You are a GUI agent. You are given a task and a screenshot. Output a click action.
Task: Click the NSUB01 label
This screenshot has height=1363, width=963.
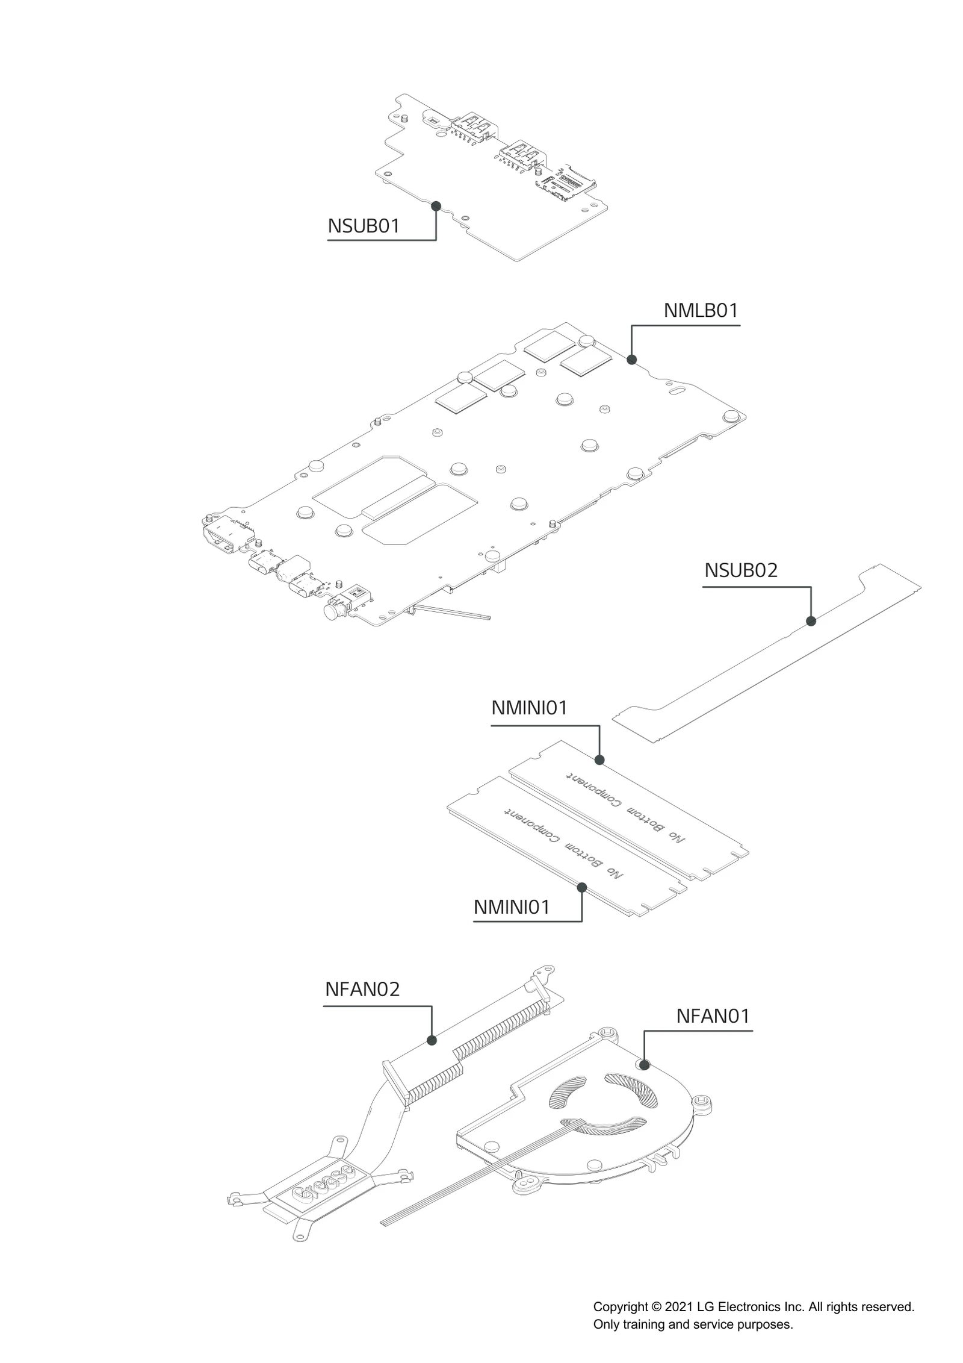pyautogui.click(x=364, y=226)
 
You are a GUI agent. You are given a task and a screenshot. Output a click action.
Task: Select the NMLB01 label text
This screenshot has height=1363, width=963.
pyautogui.click(x=701, y=311)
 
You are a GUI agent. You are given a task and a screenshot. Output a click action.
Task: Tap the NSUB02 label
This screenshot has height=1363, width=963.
pyautogui.click(x=741, y=570)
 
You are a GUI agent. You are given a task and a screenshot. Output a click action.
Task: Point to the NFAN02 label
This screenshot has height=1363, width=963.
pyautogui.click(x=362, y=990)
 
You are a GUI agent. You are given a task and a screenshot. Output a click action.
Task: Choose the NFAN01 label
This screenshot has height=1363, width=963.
pyautogui.click(x=713, y=1016)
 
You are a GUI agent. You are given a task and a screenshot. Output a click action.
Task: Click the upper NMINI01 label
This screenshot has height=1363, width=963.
pyautogui.click(x=530, y=708)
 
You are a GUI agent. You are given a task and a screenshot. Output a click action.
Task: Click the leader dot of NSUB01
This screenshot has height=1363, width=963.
pyautogui.click(x=436, y=206)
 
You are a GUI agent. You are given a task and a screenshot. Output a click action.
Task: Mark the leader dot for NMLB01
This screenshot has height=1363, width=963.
pyautogui.click(x=631, y=360)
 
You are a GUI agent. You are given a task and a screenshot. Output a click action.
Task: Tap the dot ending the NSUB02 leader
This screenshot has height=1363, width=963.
pyautogui.click(x=811, y=621)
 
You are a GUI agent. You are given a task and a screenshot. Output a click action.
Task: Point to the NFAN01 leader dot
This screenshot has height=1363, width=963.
pyautogui.click(x=645, y=1065)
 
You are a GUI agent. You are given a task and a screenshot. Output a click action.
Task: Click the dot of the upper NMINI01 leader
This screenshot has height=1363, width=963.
pyautogui.click(x=599, y=760)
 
